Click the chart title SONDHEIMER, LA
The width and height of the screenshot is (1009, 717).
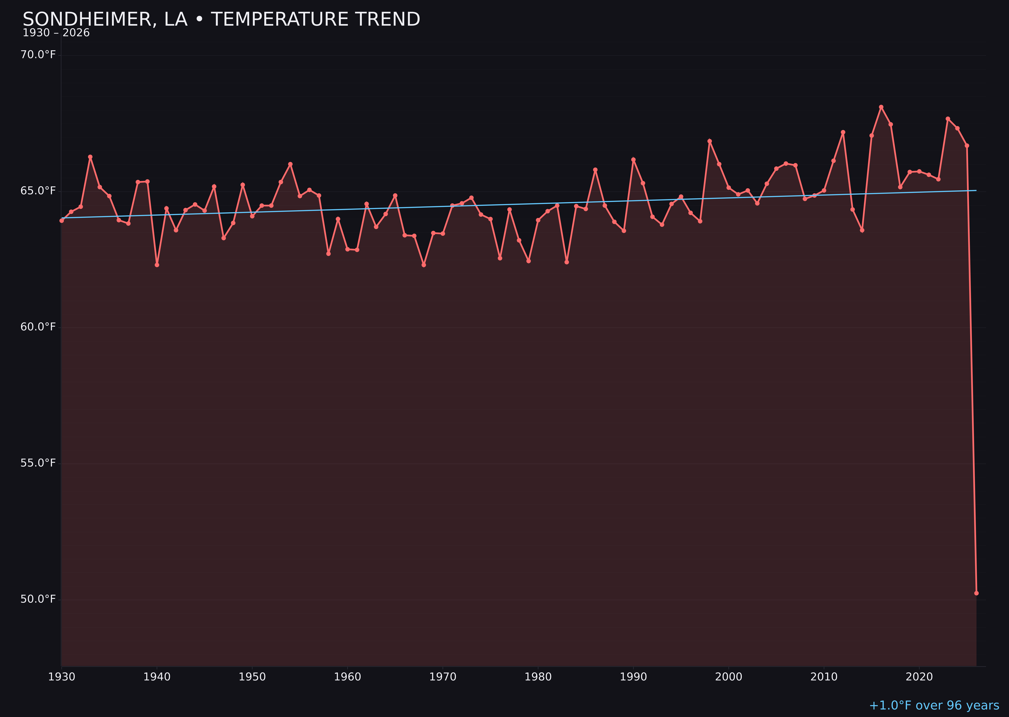221,19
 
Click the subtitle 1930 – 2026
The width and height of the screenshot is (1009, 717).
56,33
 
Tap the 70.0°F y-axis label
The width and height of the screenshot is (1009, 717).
38,55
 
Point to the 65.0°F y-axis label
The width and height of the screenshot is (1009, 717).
38,191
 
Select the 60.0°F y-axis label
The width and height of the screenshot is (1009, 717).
38,327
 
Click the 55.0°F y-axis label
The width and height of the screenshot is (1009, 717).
38,463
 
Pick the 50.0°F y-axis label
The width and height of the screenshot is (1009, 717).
38,599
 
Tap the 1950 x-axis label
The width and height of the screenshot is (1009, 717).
252,677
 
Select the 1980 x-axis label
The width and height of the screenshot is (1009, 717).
538,677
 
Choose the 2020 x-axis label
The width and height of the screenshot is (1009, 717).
919,677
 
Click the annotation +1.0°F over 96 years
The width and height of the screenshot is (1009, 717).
934,705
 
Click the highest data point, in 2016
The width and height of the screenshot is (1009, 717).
881,107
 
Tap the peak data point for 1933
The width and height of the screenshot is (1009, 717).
90,157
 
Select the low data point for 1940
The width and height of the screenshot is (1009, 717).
157,265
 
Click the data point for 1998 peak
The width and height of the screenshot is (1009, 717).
710,141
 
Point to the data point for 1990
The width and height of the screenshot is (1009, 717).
633,159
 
